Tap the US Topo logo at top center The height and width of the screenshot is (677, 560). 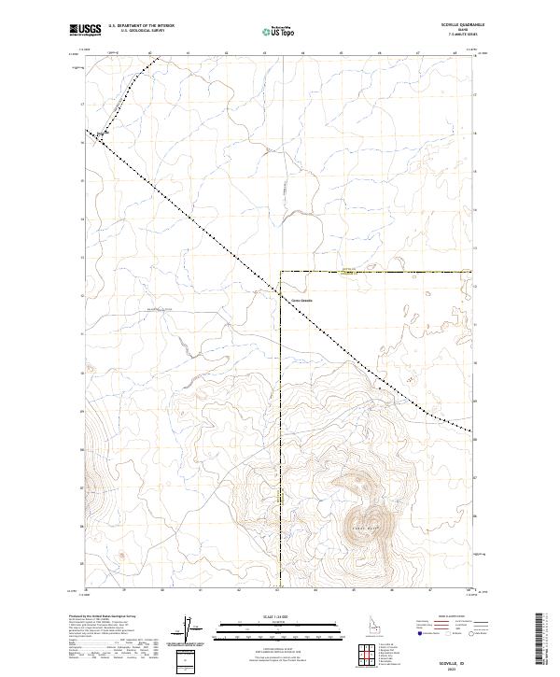[x=279, y=31]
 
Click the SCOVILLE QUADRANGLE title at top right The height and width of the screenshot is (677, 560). [x=451, y=25]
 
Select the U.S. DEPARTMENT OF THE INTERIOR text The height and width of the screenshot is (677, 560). [x=141, y=25]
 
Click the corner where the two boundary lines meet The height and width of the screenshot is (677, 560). [x=280, y=272]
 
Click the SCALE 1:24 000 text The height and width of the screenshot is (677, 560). [x=279, y=616]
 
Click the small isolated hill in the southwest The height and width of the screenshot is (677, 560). [x=121, y=557]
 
